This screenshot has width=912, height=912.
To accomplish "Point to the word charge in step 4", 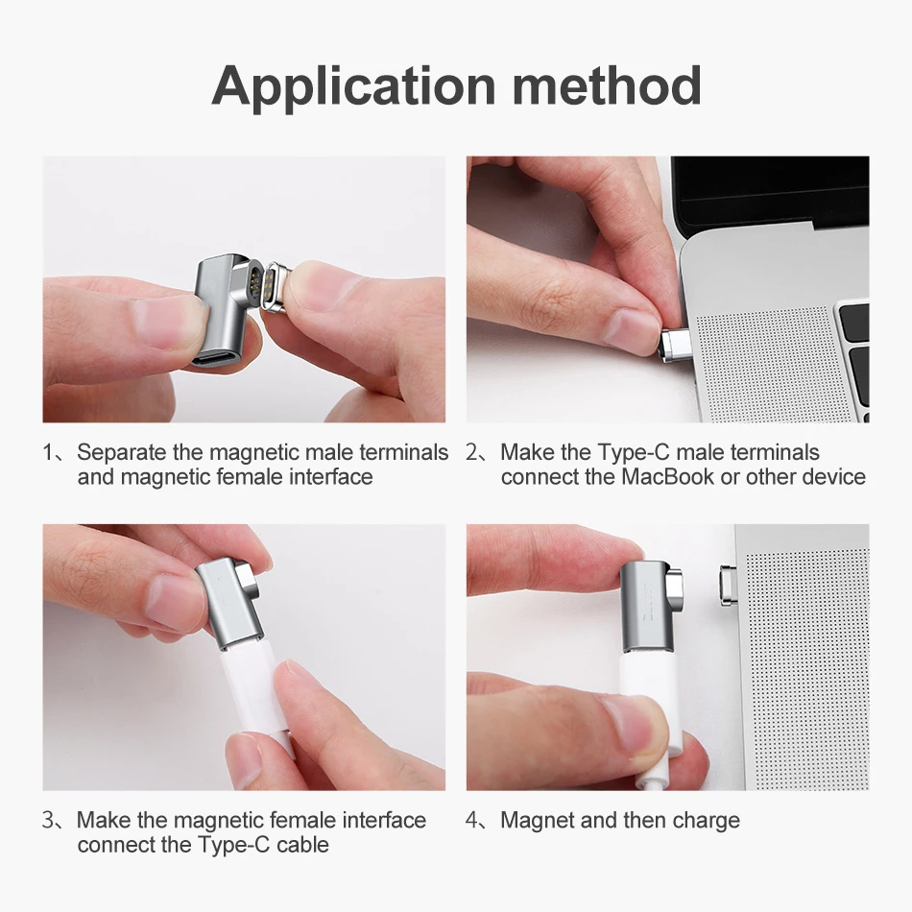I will coord(706,821).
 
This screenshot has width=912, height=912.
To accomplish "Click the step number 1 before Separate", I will coord(48,452).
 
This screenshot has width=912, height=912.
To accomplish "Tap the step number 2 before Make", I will coord(472,452).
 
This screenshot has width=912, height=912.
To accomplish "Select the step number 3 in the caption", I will coord(48,821).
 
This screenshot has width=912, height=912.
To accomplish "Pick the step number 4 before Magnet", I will coord(473,821).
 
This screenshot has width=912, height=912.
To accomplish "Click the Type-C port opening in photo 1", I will coord(216,361).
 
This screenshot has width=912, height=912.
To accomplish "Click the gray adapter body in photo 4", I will coord(643,605).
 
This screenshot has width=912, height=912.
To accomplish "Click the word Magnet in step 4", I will coord(538,821).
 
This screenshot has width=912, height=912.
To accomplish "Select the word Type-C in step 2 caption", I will coord(634,452).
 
